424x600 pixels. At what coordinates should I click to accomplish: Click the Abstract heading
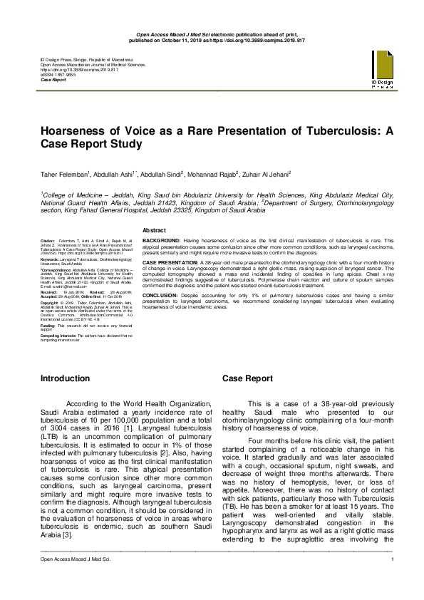(155, 231)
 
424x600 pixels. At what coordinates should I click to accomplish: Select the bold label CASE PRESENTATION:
(171, 262)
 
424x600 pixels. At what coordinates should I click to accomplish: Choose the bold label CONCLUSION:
(160, 294)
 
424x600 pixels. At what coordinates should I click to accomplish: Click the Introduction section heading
(66, 378)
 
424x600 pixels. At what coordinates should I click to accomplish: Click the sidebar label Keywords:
(50, 260)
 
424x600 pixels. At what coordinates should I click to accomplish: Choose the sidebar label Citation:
(47, 242)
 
